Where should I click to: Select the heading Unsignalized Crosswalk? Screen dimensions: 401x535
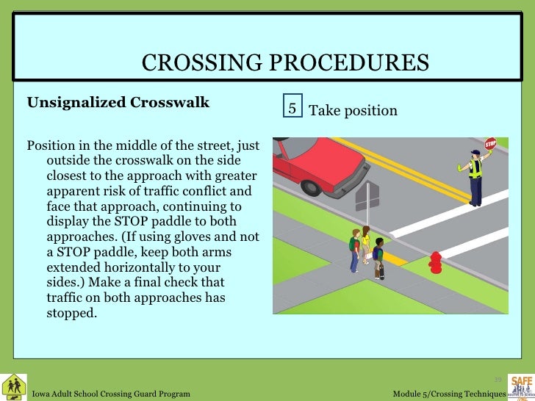(118, 102)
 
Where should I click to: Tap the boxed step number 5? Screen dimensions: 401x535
(292, 109)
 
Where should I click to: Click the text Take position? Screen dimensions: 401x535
(353, 111)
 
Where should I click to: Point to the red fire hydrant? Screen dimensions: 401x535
(436, 261)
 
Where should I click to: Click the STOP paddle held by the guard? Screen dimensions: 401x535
(491, 144)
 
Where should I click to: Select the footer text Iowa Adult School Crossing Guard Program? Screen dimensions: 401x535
(111, 394)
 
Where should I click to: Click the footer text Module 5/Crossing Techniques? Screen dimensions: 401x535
(448, 394)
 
